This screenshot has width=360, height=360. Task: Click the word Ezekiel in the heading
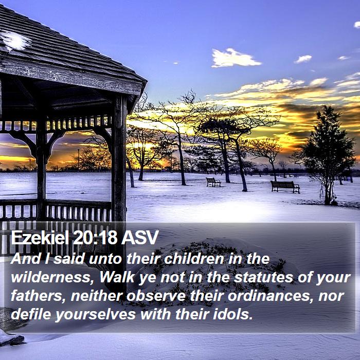[40, 238]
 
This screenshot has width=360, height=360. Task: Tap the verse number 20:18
[95, 238]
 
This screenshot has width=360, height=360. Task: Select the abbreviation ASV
[140, 238]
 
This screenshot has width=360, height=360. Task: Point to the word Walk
[117, 277]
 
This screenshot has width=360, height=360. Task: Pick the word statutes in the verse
[263, 277]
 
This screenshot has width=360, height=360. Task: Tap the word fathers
[38, 296]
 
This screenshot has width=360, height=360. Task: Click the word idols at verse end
[233, 314]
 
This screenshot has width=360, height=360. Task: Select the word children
[194, 259]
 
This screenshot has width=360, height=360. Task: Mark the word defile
[31, 314]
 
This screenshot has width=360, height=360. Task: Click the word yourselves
[95, 315]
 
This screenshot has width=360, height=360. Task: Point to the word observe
[156, 296]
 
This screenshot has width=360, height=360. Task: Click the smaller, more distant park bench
[213, 182]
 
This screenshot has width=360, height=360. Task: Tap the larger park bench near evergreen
[285, 187]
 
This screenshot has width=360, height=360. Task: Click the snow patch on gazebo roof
[15, 41]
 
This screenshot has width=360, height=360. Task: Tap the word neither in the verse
[96, 296]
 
